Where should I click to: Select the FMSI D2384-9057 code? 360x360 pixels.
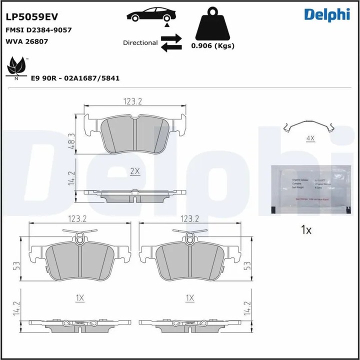click(38, 30)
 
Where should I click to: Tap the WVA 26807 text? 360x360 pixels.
click(26, 41)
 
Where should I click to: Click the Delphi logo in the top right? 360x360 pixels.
click(326, 15)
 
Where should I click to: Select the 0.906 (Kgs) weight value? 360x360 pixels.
click(213, 45)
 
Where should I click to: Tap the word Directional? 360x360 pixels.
click(140, 43)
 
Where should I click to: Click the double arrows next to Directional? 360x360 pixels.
click(171, 42)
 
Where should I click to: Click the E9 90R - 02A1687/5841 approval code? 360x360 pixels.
click(75, 78)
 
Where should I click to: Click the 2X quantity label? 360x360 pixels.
click(134, 171)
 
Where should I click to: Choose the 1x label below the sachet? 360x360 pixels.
click(306, 230)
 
